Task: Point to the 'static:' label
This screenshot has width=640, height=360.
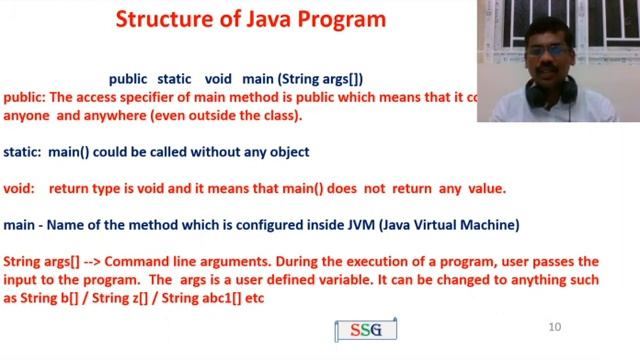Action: [x=23, y=152]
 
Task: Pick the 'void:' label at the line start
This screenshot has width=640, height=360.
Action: [x=20, y=188]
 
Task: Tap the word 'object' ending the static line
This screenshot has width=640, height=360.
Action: [x=288, y=152]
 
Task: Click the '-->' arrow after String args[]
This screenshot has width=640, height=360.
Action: [x=88, y=261]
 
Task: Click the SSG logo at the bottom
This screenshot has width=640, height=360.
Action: [x=365, y=329]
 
